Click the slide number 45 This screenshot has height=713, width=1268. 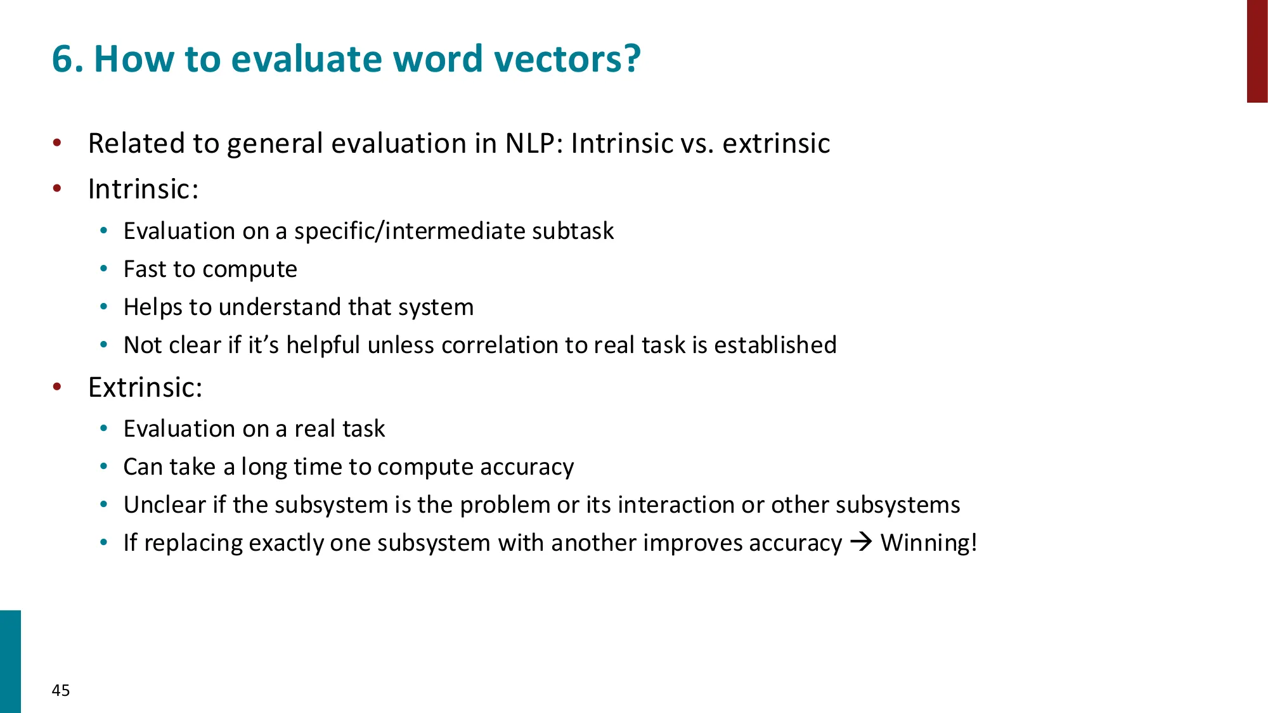coord(61,690)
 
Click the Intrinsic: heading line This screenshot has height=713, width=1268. coord(143,189)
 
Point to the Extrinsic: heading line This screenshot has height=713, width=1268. coord(145,387)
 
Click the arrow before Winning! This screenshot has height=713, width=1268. coord(861,542)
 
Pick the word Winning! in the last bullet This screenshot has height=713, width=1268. coord(929,543)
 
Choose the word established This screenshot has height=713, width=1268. coord(775,345)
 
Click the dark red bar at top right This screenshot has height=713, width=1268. coord(1257,51)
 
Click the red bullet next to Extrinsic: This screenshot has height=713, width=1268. coord(57,387)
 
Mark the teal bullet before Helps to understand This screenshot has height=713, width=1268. coord(104,307)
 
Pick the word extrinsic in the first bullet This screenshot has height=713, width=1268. coord(776,143)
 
